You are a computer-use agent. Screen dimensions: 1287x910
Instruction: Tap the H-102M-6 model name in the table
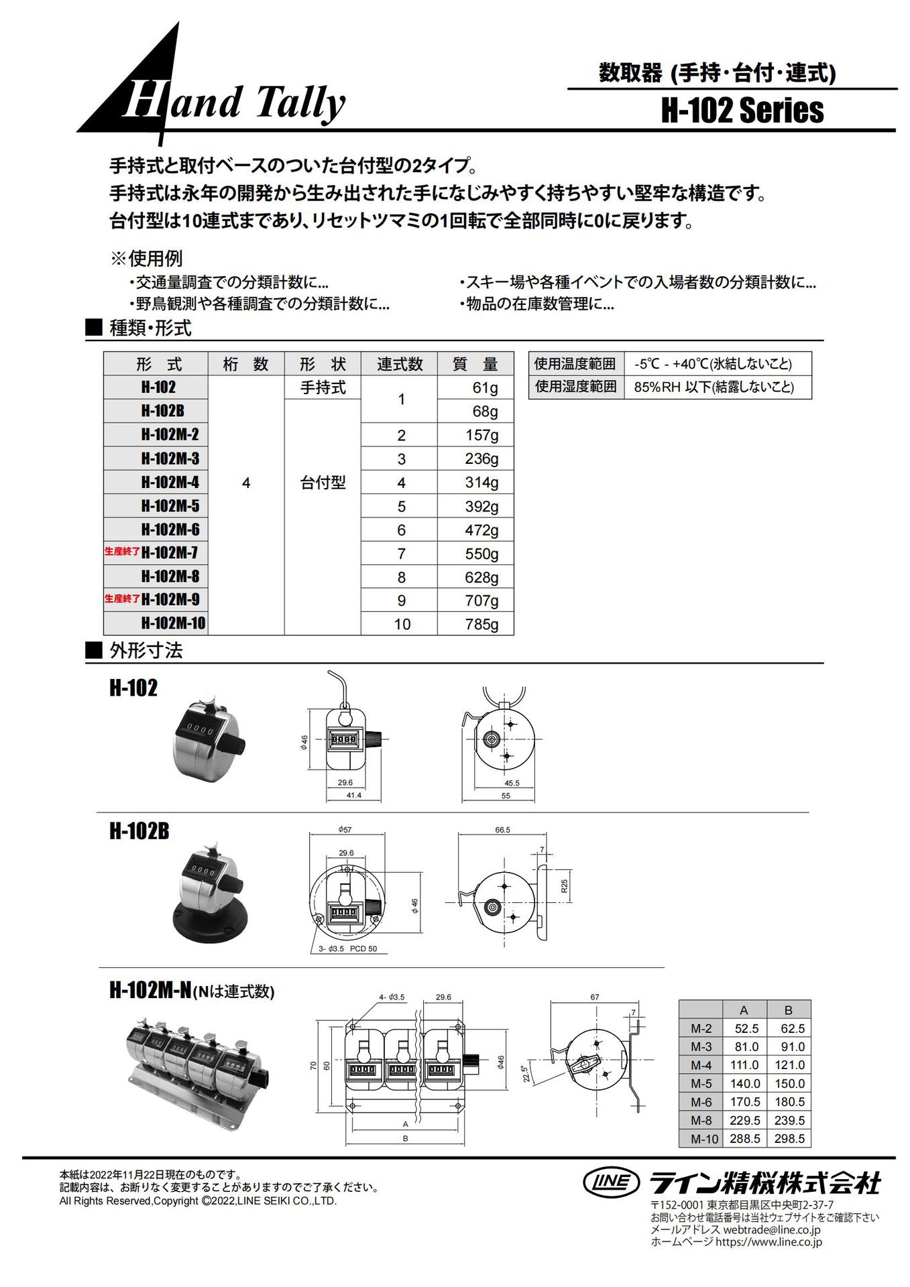pyautogui.click(x=170, y=530)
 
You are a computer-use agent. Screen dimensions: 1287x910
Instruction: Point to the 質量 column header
pyautogui.click(x=475, y=364)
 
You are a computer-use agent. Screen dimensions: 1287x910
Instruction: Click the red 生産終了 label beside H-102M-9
pyautogui.click(x=122, y=599)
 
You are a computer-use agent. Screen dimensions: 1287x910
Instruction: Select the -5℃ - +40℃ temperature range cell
pyautogui.click(x=712, y=364)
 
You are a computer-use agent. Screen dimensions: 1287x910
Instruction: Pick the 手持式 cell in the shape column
pyautogui.click(x=323, y=387)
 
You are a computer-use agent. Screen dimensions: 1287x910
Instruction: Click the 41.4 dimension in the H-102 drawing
pyautogui.click(x=353, y=795)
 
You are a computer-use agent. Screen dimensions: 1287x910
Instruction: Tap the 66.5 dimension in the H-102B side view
pyautogui.click(x=502, y=829)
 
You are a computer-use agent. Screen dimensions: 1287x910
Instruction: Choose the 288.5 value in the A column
pyautogui.click(x=744, y=1138)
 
